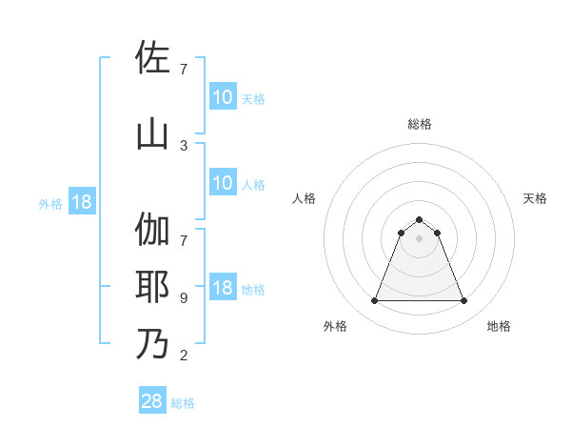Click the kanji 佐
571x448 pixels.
point(152,58)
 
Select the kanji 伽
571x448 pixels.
point(152,230)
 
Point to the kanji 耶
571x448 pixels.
point(152,287)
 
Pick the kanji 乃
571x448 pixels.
point(152,344)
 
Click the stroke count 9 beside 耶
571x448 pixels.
point(183,298)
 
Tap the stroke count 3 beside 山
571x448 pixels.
point(183,146)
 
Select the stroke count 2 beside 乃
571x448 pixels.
point(183,356)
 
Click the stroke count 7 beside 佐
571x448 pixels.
point(183,69)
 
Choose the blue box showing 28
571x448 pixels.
point(152,401)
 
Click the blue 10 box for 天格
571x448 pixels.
point(223,96)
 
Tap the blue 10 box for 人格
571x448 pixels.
point(223,183)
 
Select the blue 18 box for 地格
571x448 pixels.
point(223,288)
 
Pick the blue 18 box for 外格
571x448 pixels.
point(80,202)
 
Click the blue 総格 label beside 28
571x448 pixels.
point(183,403)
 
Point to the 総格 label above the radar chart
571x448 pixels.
point(419,124)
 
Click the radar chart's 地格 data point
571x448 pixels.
point(464,301)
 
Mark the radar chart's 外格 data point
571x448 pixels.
point(374,301)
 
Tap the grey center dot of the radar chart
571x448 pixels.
point(419,238)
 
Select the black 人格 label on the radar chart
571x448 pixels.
point(304,198)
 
